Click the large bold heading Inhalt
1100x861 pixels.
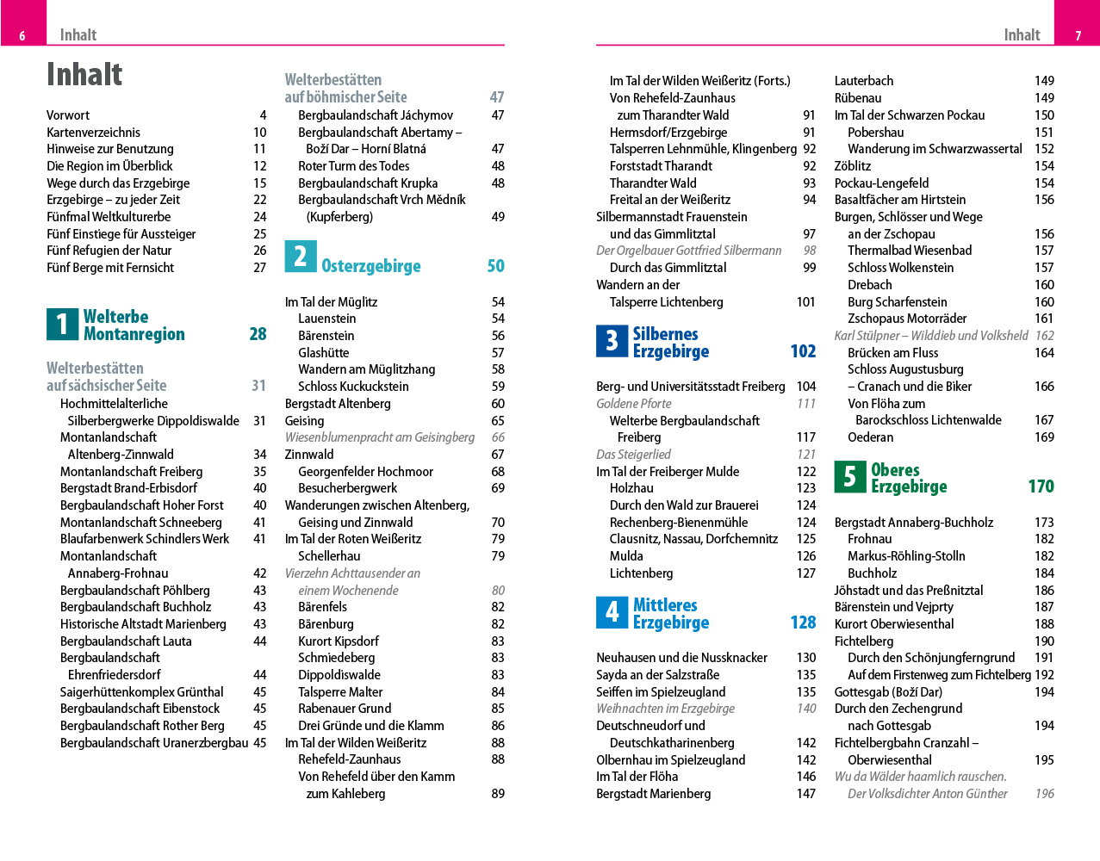84,75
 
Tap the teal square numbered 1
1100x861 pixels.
62,325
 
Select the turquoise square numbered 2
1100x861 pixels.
301,257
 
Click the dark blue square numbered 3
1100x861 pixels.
612,341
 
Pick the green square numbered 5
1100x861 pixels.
849,477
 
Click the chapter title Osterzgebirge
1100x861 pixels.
371,266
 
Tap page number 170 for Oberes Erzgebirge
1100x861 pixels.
1041,486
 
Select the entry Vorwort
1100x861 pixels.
68,115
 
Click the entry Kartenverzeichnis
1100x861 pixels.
93,133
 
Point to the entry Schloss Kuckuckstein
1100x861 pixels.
353,387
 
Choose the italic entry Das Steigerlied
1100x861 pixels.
633,455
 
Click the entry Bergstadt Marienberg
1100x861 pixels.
653,794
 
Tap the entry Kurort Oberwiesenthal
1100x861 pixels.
894,624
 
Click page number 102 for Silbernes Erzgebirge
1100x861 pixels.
803,351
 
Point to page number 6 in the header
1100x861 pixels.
22,36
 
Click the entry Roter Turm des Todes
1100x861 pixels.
353,166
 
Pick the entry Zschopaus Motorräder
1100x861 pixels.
907,319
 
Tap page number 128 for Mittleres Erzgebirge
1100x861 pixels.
803,623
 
